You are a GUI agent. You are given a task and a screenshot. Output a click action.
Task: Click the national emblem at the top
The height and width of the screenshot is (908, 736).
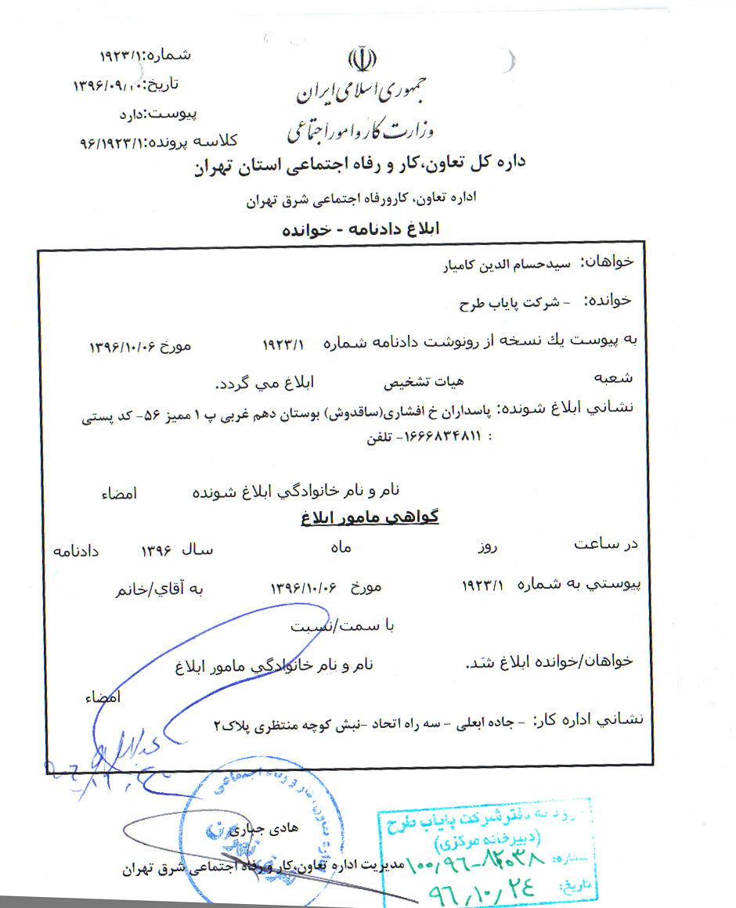tap(361, 61)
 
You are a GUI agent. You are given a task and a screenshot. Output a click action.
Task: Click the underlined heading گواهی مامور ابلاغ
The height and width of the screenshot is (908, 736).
tap(370, 517)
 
